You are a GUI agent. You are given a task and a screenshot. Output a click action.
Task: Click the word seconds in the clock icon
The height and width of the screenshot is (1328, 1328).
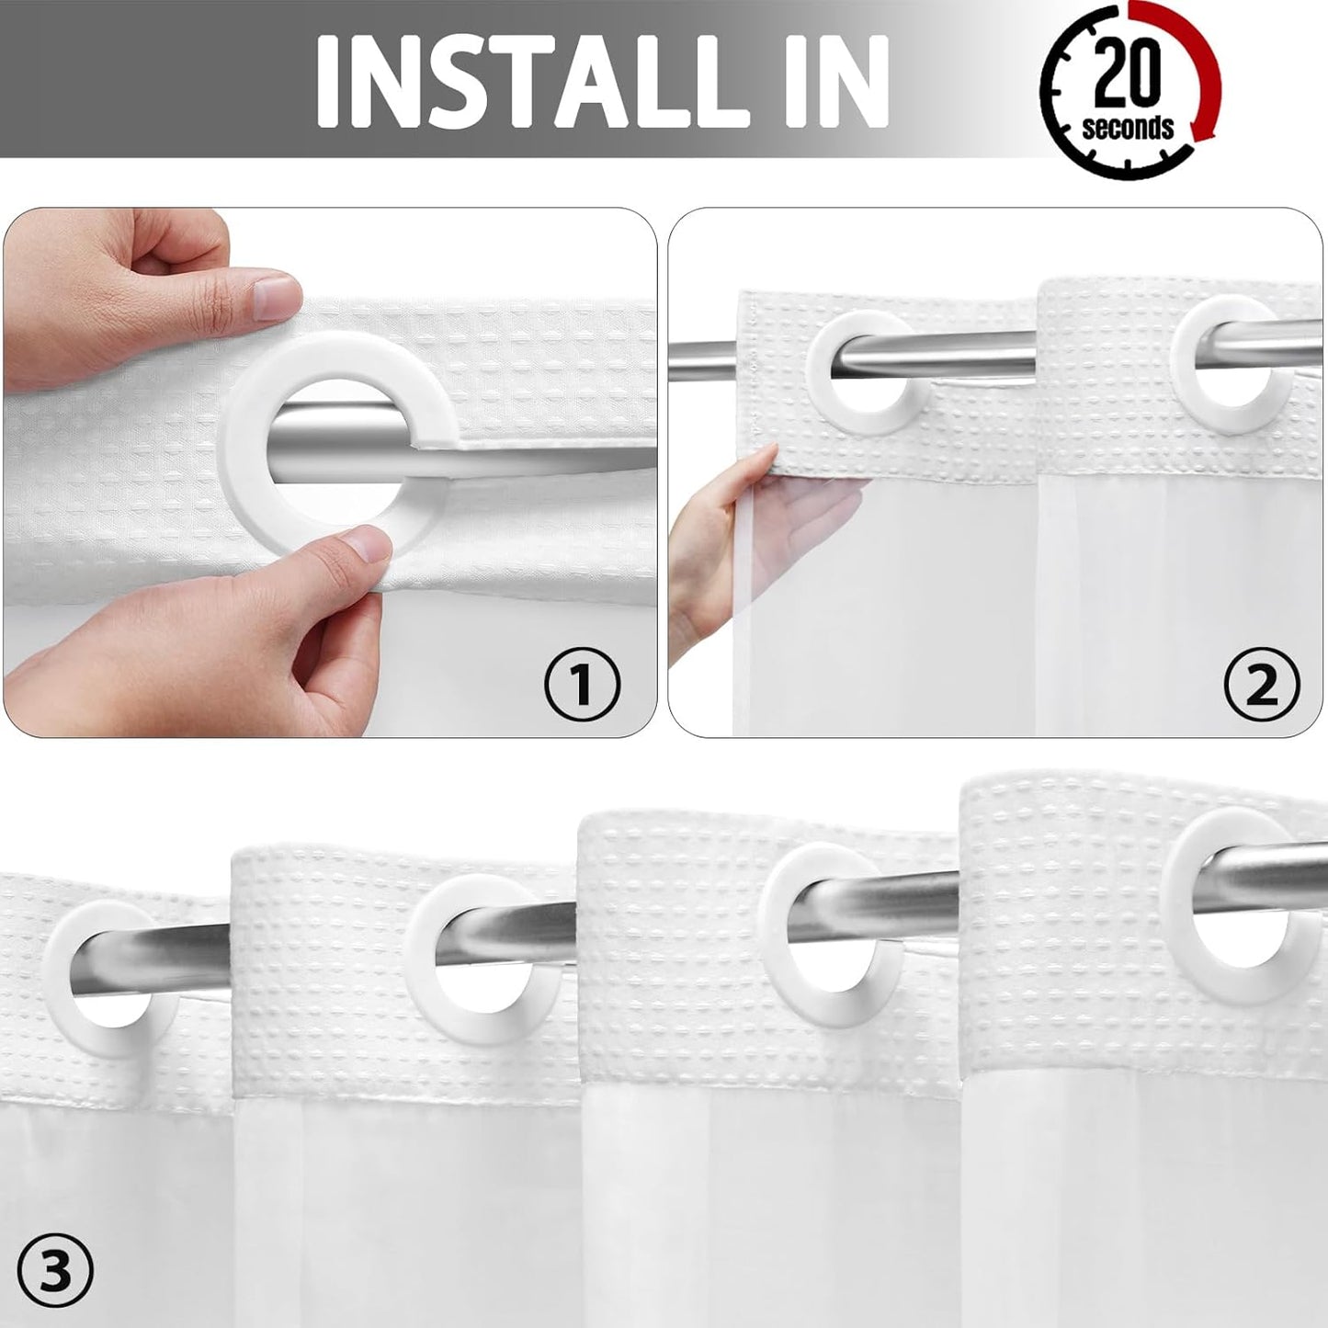coord(1128,127)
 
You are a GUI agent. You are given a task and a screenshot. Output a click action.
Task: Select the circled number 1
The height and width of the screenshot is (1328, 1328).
coord(582,683)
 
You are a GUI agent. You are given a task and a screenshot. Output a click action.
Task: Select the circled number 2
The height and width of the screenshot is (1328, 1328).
coord(1262,683)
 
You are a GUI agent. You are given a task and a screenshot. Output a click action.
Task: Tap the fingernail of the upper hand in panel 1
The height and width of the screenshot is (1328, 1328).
coord(275,296)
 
